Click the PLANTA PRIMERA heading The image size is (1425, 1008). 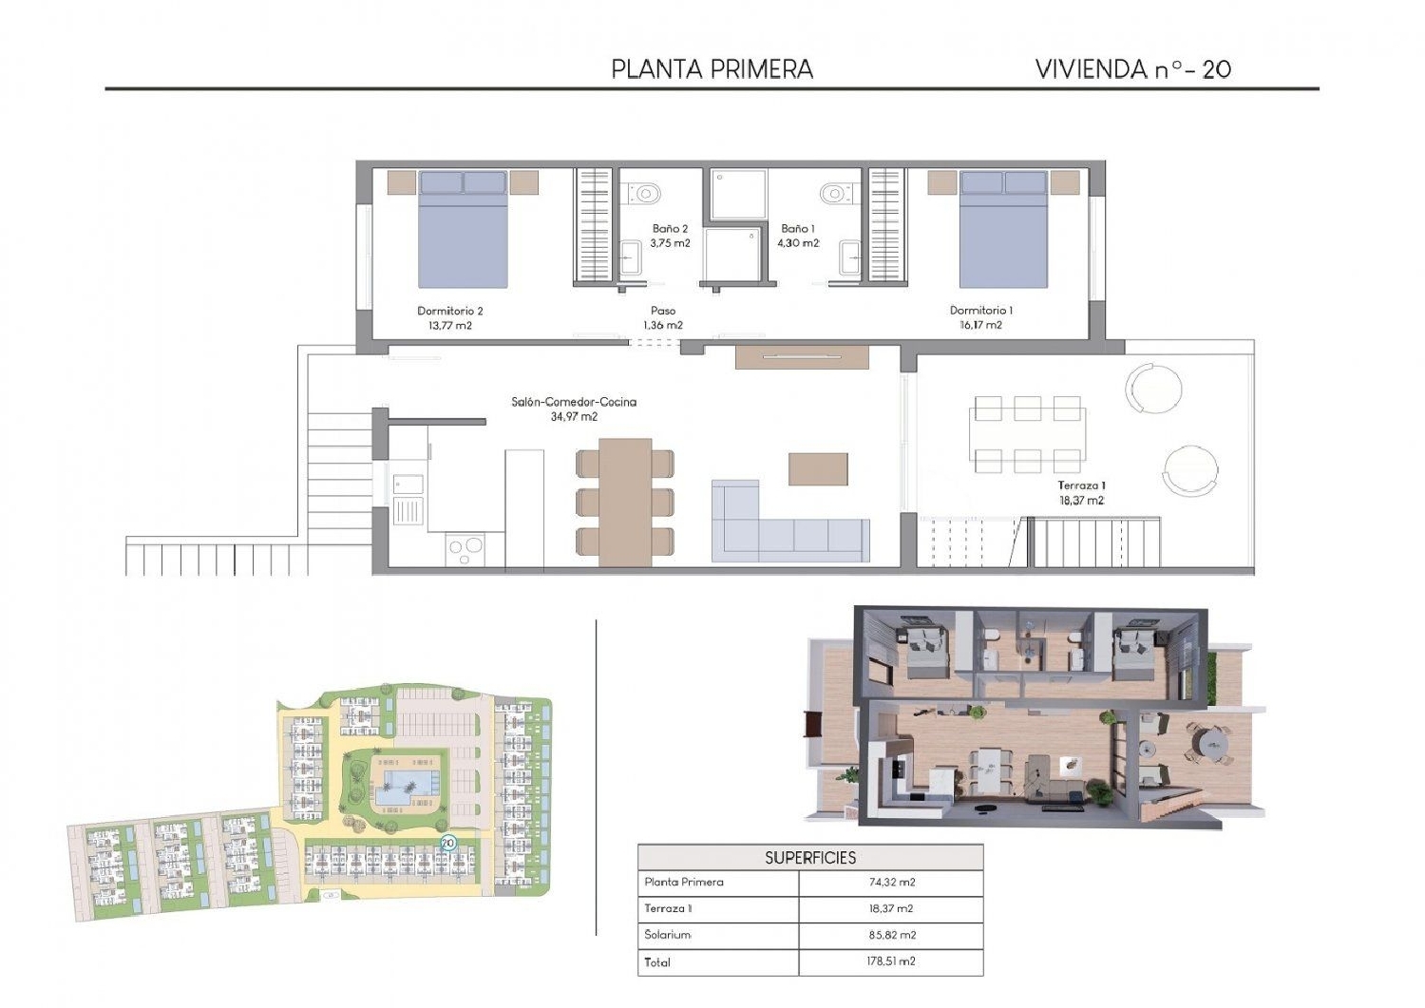click(712, 69)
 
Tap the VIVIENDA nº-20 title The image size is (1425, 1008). click(1132, 69)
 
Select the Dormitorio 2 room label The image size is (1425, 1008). click(450, 311)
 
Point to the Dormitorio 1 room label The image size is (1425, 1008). click(980, 311)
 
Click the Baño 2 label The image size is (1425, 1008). click(670, 229)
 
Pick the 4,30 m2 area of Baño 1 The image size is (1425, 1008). click(797, 243)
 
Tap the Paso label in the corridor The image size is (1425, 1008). click(663, 311)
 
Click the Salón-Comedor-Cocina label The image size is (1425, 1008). click(574, 402)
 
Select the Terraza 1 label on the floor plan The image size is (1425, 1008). click(1081, 485)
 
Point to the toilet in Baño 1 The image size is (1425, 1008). click(834, 194)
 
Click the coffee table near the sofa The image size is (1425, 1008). click(818, 468)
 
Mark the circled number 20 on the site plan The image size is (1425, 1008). click(447, 843)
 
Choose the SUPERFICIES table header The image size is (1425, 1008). click(810, 858)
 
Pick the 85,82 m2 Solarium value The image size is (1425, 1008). click(891, 935)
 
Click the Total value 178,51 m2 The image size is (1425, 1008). click(891, 961)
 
